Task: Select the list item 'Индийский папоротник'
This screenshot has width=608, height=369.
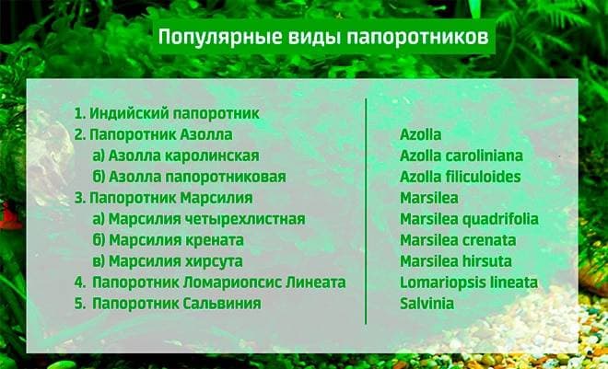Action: click(166, 114)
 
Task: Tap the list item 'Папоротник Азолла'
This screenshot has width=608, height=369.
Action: click(152, 134)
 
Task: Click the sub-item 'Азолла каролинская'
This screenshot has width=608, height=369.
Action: click(176, 156)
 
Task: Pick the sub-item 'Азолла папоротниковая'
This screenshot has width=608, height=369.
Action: click(189, 177)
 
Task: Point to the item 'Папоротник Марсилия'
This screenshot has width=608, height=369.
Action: click(163, 198)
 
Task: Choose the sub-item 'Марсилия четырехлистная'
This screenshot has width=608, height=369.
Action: click(198, 219)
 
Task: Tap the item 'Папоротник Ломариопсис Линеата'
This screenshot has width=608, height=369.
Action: click(210, 283)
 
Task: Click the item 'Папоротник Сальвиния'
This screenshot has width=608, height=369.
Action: click(167, 303)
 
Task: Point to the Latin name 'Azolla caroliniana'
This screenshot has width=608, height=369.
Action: click(461, 156)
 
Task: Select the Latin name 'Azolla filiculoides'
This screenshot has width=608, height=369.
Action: click(460, 177)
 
